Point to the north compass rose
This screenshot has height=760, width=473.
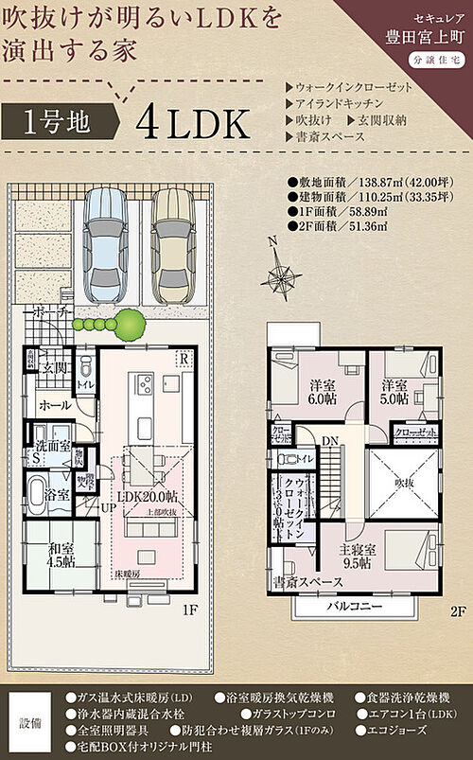[281, 275]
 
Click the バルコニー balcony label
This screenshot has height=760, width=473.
[356, 605]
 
